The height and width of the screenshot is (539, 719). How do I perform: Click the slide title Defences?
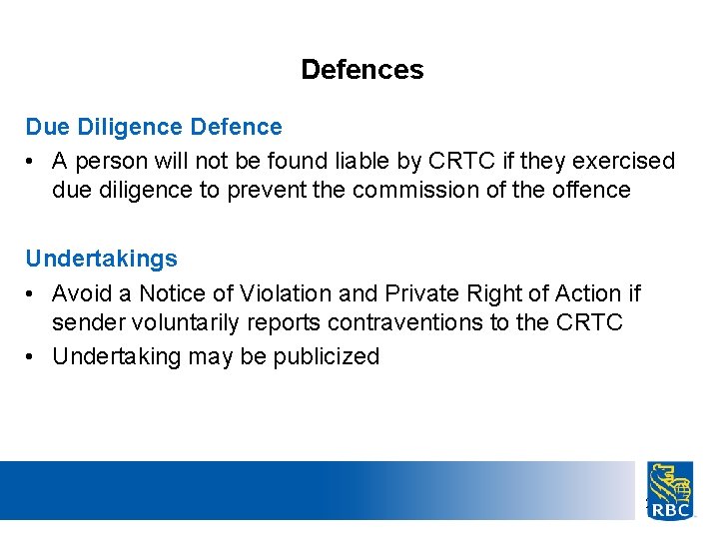361,70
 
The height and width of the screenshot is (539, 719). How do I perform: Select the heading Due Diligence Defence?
154,128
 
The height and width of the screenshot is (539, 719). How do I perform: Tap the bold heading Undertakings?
102,260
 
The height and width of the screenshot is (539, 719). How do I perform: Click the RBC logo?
670,490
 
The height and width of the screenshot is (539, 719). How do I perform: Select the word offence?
595,190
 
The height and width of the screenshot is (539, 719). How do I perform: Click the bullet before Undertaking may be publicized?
32,356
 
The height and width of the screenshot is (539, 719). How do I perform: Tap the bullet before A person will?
32,161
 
